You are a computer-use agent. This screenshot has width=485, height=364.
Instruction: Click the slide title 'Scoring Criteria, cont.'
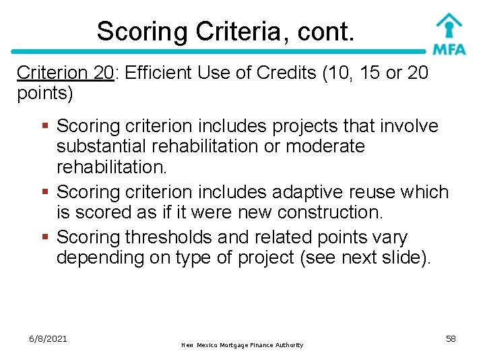pyautogui.click(x=225, y=31)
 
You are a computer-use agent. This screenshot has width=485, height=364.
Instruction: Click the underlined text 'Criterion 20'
pyautogui.click(x=65, y=72)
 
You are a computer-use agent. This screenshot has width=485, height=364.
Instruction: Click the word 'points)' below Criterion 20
pyautogui.click(x=45, y=93)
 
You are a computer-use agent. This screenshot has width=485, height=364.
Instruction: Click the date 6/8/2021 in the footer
pyautogui.click(x=48, y=338)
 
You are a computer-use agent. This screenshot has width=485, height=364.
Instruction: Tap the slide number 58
pyautogui.click(x=451, y=338)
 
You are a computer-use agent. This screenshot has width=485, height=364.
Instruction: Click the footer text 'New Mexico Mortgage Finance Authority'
pyautogui.click(x=243, y=345)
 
